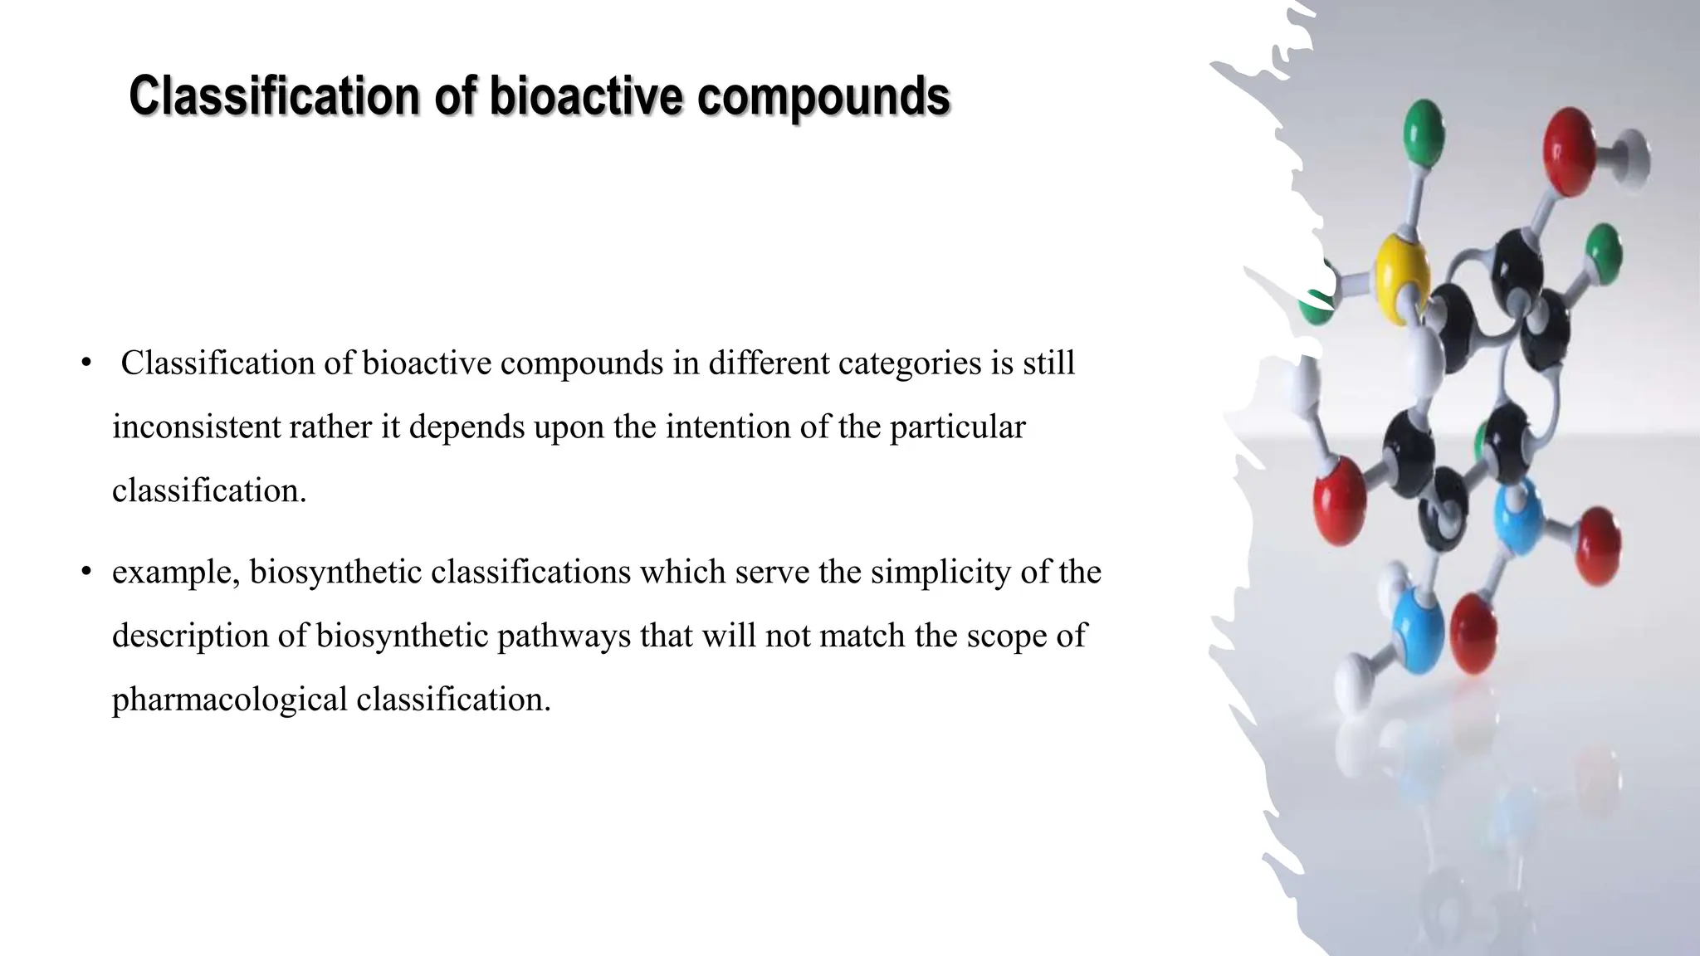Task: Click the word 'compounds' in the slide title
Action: point(823,97)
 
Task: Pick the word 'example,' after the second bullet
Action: point(176,572)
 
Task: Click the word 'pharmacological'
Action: point(230,700)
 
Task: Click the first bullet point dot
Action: point(85,363)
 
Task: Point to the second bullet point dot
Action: point(85,572)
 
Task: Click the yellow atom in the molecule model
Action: point(1401,270)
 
